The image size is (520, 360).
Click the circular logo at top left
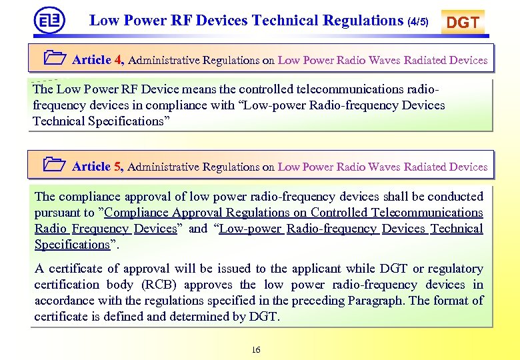coord(49,21)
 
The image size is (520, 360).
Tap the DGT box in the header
coord(463,23)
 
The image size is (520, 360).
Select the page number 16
coord(255,350)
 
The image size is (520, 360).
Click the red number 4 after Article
coord(119,60)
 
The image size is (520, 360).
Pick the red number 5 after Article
coord(119,167)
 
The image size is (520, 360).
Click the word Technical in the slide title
coord(285,21)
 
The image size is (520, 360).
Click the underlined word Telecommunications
coord(427,213)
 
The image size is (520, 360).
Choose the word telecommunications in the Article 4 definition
coord(347,89)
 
